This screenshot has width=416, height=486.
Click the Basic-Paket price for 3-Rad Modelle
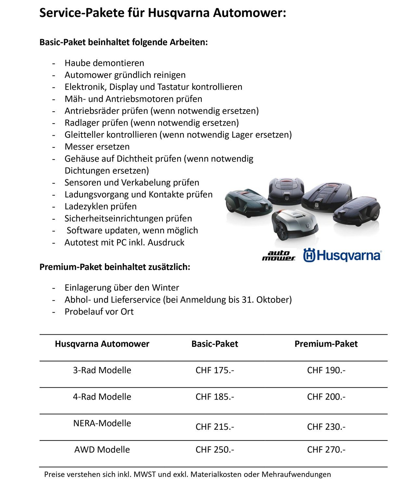pos(214,370)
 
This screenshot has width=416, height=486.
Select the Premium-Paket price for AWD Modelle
pos(326,450)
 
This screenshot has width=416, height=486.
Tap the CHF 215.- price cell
pos(214,427)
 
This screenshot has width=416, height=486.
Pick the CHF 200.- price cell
pos(326,397)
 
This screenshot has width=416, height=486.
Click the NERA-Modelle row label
pos(102,423)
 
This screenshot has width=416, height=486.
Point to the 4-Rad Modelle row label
pos(102,397)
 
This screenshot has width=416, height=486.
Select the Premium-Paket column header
pos(326,344)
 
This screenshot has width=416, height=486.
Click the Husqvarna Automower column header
pos(102,344)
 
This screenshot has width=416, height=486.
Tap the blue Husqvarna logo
pos(342,255)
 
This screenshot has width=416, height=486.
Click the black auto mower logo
pos(279,256)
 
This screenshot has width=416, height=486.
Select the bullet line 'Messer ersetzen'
pos(97,147)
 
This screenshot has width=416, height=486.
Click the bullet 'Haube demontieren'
pos(104,63)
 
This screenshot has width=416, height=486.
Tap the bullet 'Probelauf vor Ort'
pos(99,312)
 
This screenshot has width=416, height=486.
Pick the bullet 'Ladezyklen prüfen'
pos(100,207)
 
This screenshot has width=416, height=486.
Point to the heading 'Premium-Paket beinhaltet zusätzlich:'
pos(115,267)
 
